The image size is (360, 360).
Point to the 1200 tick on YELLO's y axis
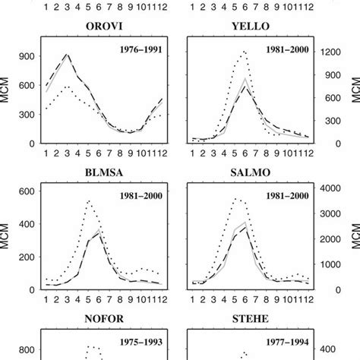tap(328, 52)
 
